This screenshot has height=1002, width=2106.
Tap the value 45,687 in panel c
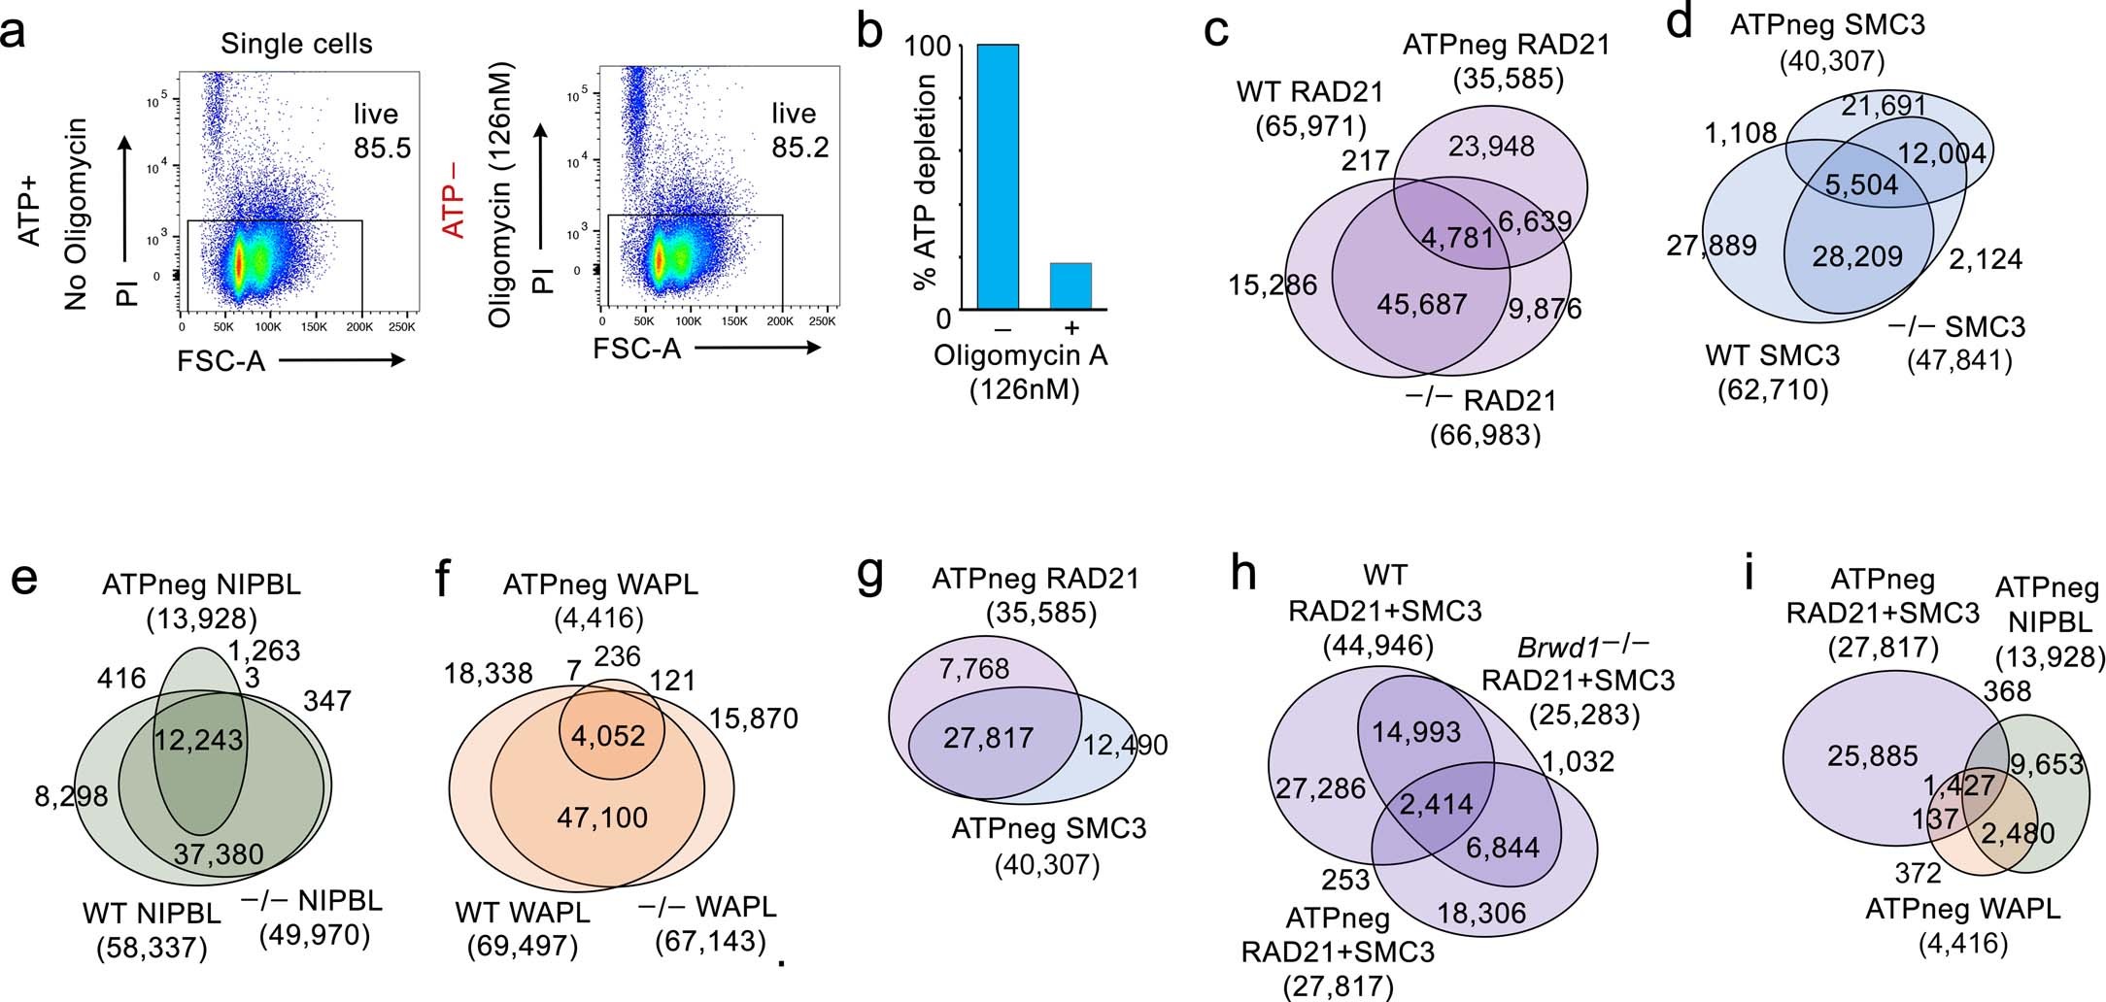tap(1421, 304)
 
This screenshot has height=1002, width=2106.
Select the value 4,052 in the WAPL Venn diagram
tap(609, 735)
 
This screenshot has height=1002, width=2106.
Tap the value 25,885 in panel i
tap(1871, 754)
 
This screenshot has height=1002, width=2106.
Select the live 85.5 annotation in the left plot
tap(375, 131)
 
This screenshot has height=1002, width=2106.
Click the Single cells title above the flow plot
tap(296, 44)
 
